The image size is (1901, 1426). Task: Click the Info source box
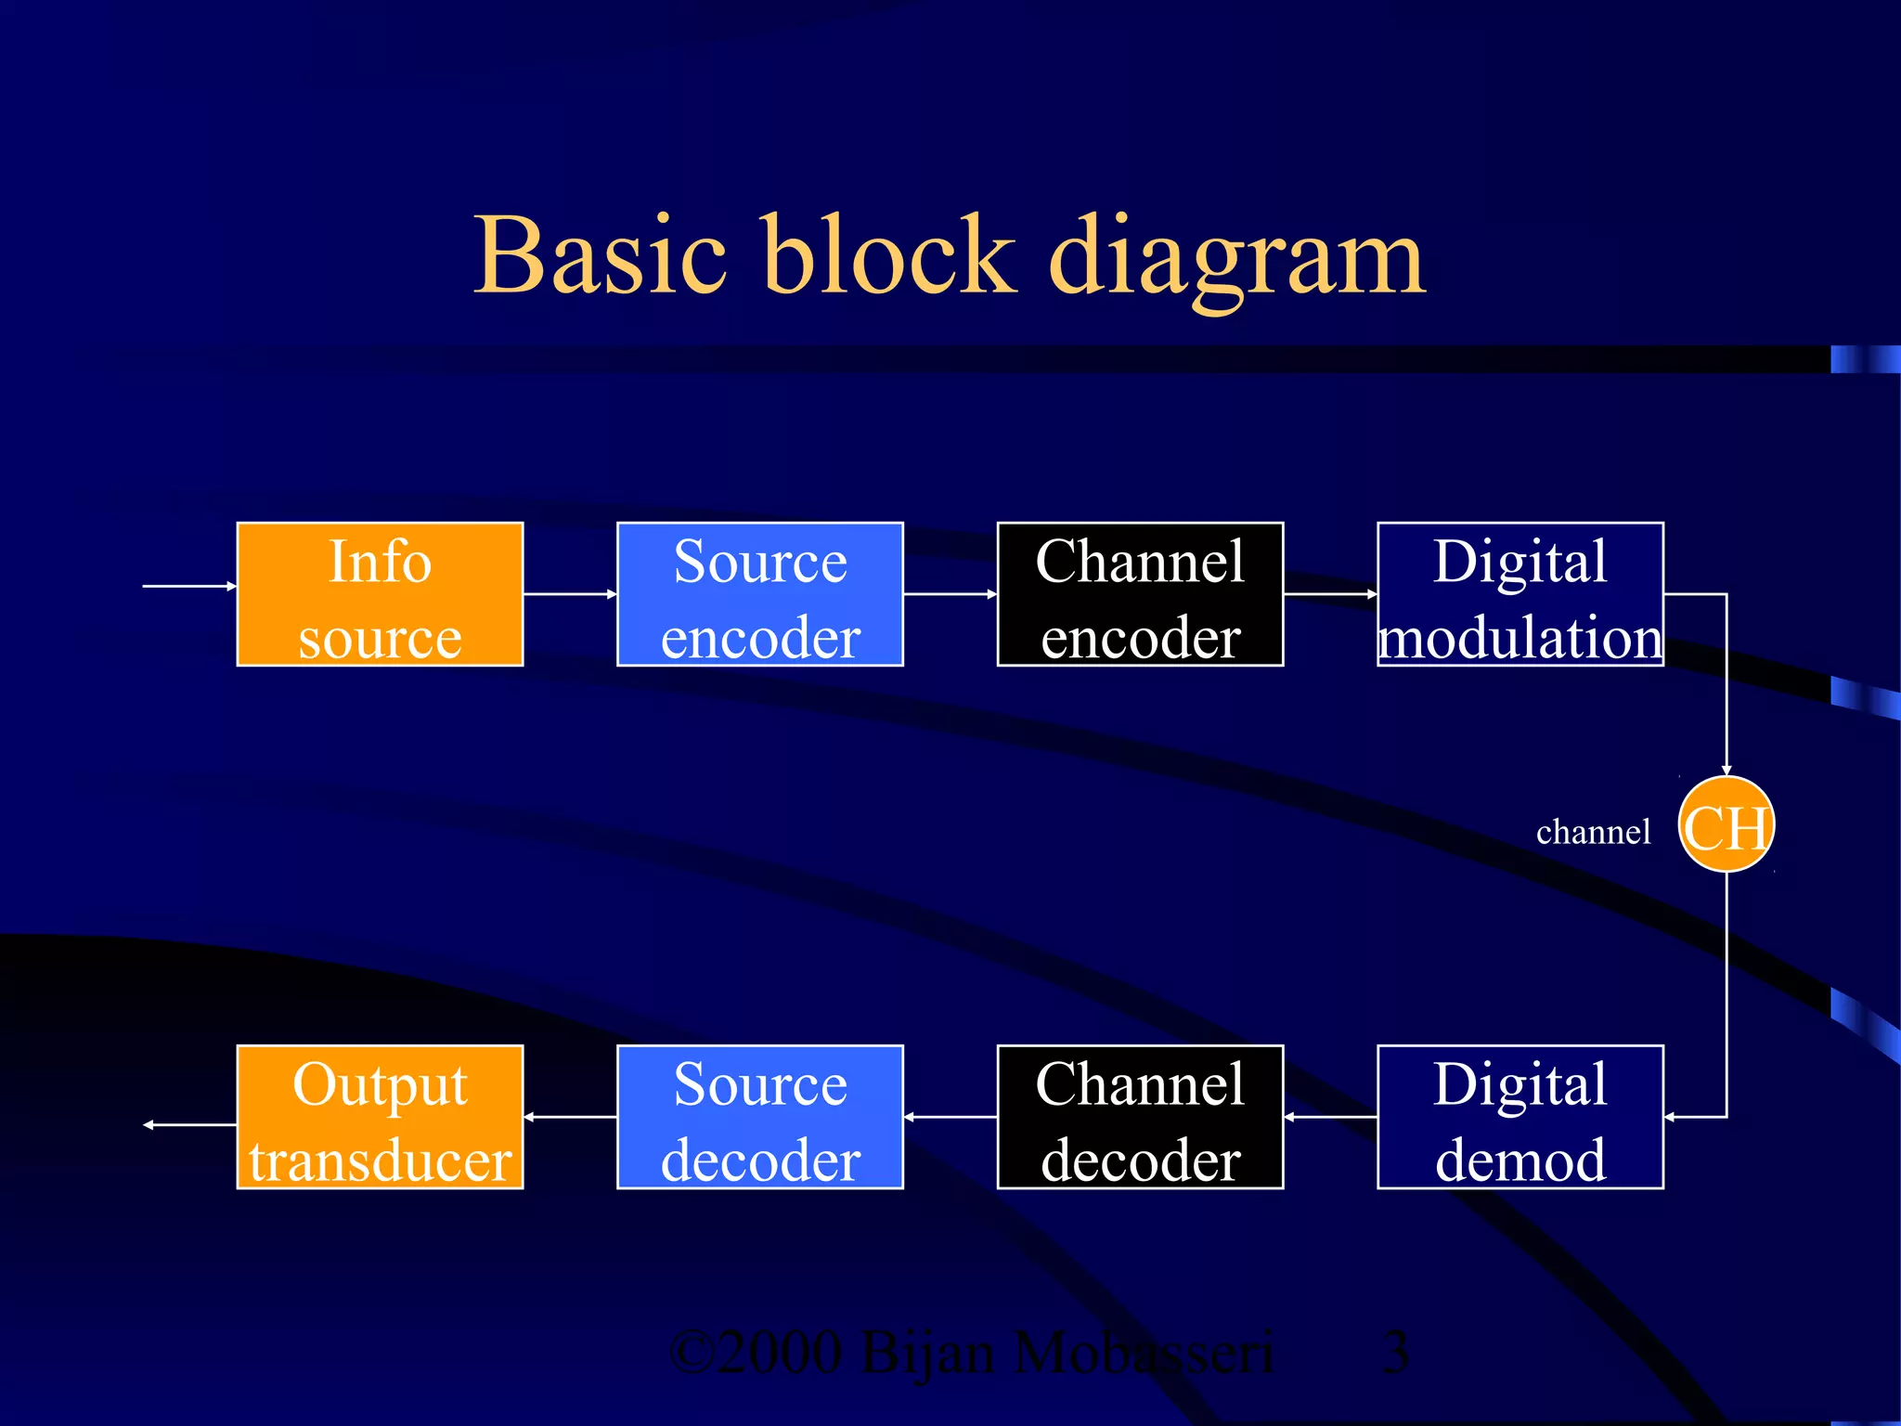(380, 594)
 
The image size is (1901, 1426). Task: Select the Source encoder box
(759, 594)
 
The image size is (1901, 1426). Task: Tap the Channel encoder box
(1140, 594)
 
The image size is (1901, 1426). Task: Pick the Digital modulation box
(1520, 594)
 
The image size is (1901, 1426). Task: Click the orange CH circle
(1726, 824)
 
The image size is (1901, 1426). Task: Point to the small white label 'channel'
(1593, 832)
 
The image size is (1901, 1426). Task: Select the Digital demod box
(1520, 1117)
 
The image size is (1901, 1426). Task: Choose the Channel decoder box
(1140, 1117)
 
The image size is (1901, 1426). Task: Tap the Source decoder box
(759, 1117)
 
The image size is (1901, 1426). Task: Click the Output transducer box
(380, 1117)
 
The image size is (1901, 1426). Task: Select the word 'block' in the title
(888, 255)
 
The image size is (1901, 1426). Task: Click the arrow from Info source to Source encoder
(570, 594)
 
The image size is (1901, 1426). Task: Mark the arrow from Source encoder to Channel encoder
(950, 594)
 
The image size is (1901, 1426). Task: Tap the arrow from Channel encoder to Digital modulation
(1330, 594)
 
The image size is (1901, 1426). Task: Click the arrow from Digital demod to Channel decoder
(1330, 1117)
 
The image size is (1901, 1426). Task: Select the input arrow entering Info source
(189, 586)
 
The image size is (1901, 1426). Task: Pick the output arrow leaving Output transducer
(189, 1124)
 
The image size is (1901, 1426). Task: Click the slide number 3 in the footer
(1395, 1353)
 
